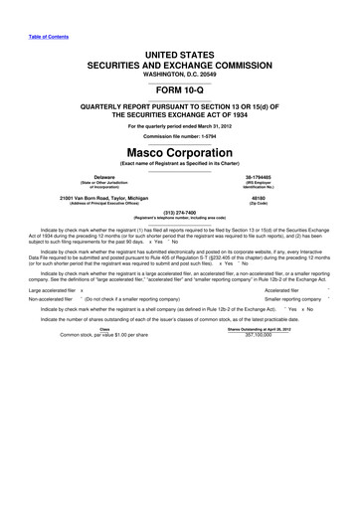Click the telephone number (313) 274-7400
pos(180,211)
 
